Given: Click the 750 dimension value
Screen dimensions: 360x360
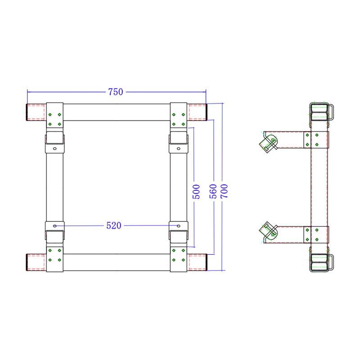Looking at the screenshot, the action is [x=116, y=92].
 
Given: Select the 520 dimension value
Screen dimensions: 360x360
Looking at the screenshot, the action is [x=114, y=225].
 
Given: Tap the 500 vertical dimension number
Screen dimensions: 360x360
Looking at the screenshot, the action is [x=196, y=192].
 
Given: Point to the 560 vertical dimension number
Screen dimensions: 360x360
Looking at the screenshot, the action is [x=213, y=191].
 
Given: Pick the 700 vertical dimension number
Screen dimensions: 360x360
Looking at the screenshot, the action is [x=224, y=191].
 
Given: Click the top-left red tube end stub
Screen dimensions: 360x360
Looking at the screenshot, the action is [x=36, y=112].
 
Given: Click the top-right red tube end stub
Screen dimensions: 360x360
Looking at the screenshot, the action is [x=197, y=112].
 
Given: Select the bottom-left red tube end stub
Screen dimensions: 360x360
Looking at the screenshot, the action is [x=36, y=262].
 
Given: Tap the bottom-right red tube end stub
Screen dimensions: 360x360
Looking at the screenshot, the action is [x=197, y=262].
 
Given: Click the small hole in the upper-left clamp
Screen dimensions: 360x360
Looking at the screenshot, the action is [x=54, y=148].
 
